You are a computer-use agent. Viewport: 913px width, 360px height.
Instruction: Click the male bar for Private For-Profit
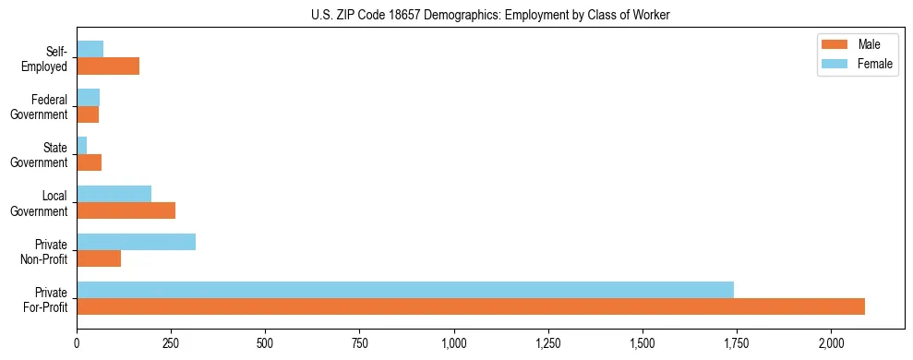(x=471, y=306)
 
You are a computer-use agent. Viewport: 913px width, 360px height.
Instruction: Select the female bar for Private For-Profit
(x=405, y=290)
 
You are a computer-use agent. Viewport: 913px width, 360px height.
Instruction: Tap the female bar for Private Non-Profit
(x=137, y=242)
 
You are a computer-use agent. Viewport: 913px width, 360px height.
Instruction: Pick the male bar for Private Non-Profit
(x=99, y=258)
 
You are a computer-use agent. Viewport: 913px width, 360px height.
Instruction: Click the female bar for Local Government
(x=114, y=194)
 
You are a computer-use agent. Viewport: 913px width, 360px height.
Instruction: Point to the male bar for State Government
(x=90, y=162)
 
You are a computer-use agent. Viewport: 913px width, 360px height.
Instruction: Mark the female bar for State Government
(x=82, y=146)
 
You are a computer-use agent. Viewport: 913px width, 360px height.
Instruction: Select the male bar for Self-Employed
(x=108, y=66)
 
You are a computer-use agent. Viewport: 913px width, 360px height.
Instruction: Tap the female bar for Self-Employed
(x=90, y=49)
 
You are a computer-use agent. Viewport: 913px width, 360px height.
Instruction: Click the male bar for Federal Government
(x=88, y=114)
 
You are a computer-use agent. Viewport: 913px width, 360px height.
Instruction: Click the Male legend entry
(x=854, y=44)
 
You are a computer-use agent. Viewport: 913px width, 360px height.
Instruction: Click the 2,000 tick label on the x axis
(x=831, y=344)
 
